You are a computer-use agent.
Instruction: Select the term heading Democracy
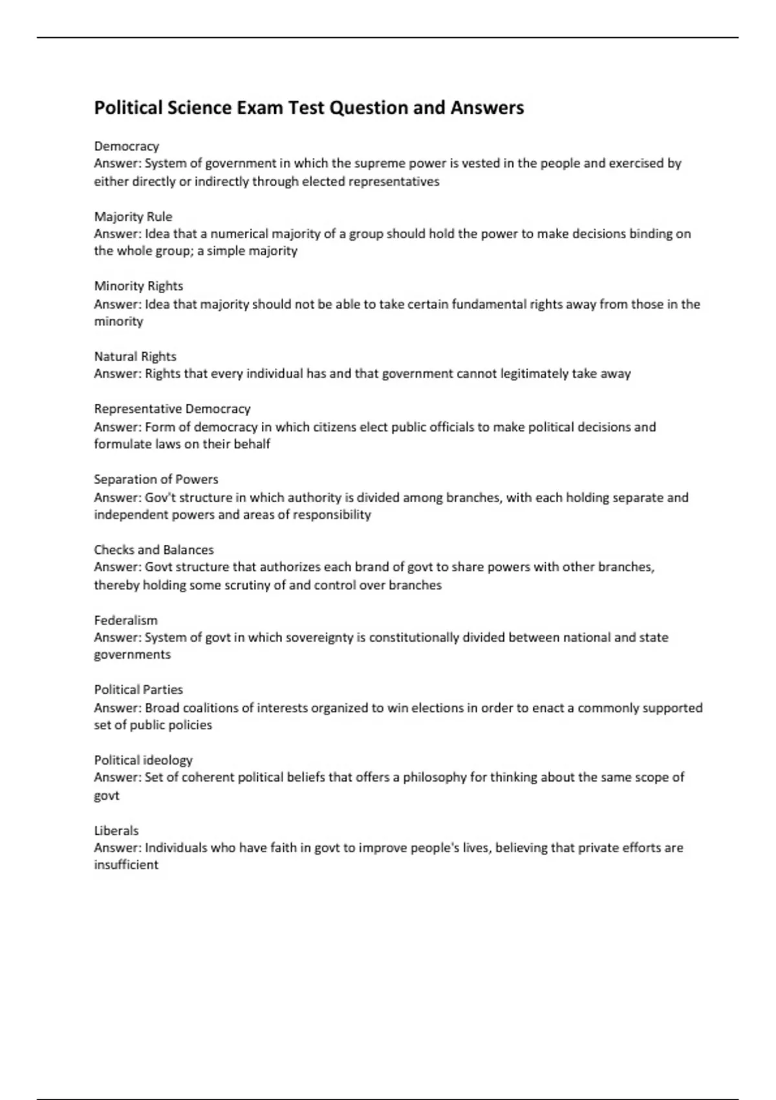(126, 146)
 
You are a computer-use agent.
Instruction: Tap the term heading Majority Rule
(133, 217)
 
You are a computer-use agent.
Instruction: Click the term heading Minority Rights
(138, 286)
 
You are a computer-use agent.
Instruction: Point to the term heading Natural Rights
(135, 357)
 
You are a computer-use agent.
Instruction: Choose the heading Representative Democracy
(172, 409)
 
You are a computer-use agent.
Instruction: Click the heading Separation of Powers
(156, 479)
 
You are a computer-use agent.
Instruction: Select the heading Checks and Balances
(154, 550)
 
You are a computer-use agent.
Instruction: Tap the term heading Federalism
(125, 621)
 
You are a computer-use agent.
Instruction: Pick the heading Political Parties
(138, 690)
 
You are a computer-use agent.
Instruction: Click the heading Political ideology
(143, 760)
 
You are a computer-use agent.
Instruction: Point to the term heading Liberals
(116, 831)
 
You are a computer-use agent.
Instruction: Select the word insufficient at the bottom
(126, 865)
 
